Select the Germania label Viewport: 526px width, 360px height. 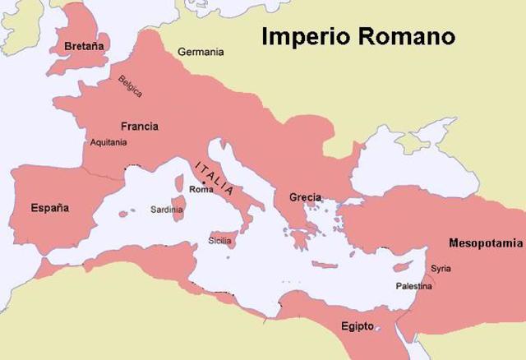point(201,52)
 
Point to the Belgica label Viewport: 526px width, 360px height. point(130,85)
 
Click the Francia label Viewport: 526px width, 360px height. point(139,127)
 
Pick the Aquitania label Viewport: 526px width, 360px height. point(106,142)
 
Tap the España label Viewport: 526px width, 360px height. point(49,207)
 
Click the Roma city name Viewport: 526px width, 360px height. point(201,190)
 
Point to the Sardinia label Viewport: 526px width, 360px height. point(167,210)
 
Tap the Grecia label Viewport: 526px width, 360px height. point(305,197)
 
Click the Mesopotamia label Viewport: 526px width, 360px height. point(485,243)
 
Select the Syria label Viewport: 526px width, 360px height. point(441,269)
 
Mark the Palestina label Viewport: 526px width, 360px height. point(413,286)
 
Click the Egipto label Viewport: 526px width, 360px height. point(358,326)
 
